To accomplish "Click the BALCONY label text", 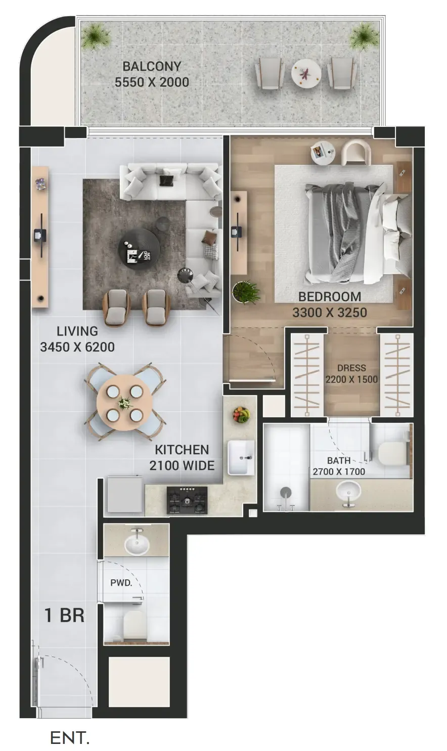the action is pyautogui.click(x=152, y=66).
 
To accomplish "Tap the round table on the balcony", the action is pyautogui.click(x=306, y=74).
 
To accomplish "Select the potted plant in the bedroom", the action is pyautogui.click(x=246, y=292).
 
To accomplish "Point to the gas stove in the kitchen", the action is pyautogui.click(x=187, y=500).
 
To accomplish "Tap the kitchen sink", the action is pyautogui.click(x=241, y=457).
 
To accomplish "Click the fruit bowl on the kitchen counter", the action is pyautogui.click(x=241, y=415).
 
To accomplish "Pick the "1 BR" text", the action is pyautogui.click(x=64, y=615).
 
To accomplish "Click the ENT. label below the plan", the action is pyautogui.click(x=70, y=738).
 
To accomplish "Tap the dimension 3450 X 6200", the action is pyautogui.click(x=77, y=347).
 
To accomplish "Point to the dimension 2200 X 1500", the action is pyautogui.click(x=351, y=379).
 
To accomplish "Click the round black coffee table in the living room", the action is pyautogui.click(x=139, y=249).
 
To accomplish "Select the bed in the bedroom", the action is pyautogui.click(x=357, y=234).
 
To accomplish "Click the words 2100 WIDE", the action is pyautogui.click(x=182, y=465).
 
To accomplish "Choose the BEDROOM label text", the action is pyautogui.click(x=330, y=297).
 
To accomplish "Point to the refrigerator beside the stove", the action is pyautogui.click(x=125, y=494).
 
